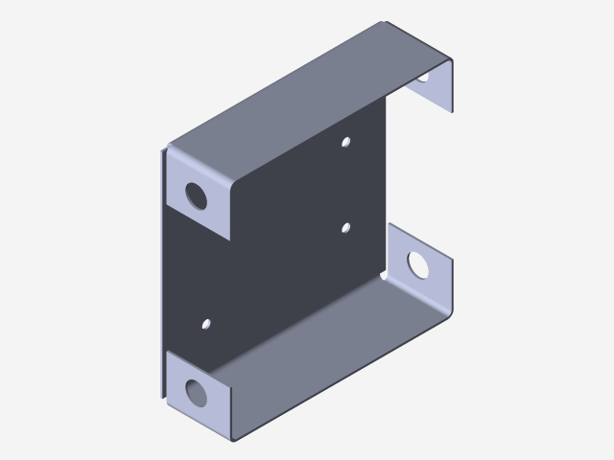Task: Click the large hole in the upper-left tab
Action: [x=197, y=195]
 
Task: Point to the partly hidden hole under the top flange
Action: [x=424, y=80]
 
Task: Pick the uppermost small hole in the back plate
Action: [x=347, y=143]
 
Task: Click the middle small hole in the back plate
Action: [x=345, y=228]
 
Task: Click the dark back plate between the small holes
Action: [x=288, y=240]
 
